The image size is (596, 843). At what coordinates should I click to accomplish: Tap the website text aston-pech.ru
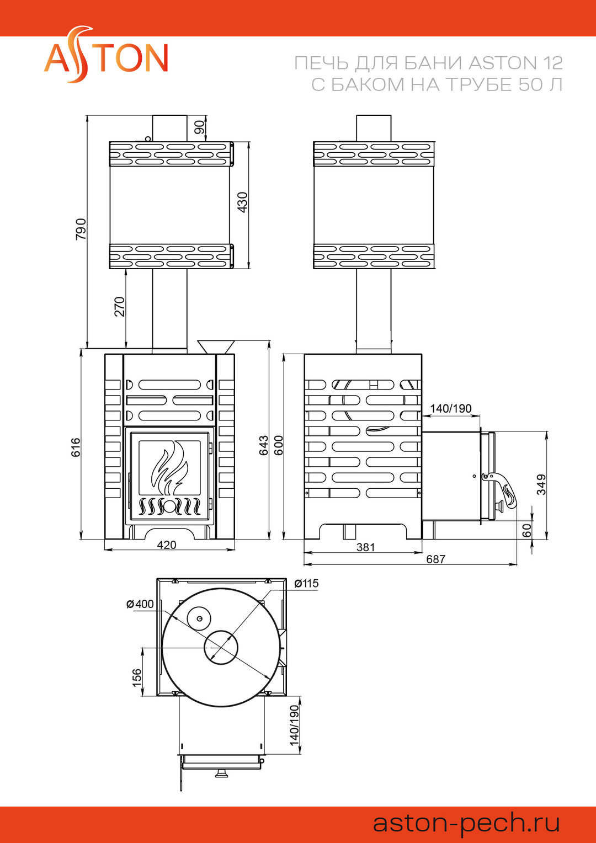pos(466,823)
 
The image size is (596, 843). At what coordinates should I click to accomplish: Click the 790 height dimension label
pos(81,229)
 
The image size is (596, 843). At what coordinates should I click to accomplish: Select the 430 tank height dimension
pos(242,202)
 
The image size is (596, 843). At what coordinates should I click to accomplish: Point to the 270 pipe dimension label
pos(119,307)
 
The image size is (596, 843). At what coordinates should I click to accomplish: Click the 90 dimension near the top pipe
pos(199,127)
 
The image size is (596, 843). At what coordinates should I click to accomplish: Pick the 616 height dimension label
pos(76,447)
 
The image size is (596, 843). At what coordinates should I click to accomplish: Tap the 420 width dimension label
pos(167,545)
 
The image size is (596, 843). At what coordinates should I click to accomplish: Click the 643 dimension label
pos(264,445)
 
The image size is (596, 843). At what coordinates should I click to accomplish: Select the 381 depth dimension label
pos(365,547)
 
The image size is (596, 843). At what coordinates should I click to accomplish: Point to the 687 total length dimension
pos(435,559)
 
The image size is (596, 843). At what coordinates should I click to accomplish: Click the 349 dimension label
pos(541,484)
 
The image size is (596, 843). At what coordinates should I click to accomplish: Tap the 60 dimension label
pos(527,530)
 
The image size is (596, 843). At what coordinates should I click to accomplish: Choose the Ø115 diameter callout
pos(306,584)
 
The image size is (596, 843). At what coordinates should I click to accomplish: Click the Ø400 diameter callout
pos(140,604)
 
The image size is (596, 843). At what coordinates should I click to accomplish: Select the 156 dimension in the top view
pos(136,677)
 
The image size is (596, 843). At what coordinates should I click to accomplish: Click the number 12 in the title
pos(552,63)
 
